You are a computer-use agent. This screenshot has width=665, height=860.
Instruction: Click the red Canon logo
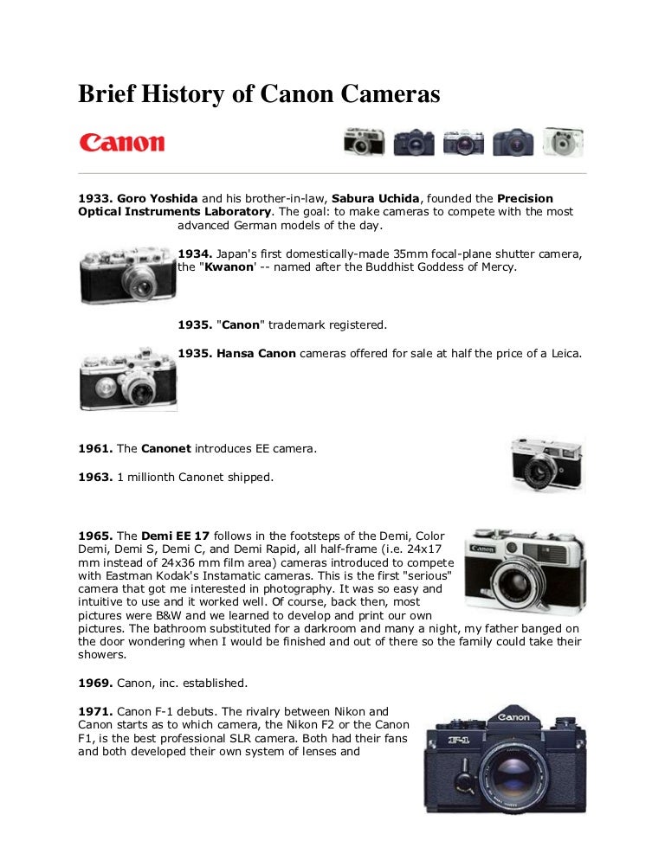tap(121, 143)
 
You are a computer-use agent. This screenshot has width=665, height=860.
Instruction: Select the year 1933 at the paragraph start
tap(94, 198)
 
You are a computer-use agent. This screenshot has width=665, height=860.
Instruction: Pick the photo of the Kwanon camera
tap(127, 274)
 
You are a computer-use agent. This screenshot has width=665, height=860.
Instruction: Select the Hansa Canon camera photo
tap(127, 379)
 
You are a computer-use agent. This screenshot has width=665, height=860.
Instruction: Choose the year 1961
tap(94, 448)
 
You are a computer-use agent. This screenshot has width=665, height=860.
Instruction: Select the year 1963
tap(94, 476)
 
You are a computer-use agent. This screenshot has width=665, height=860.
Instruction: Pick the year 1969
tap(94, 682)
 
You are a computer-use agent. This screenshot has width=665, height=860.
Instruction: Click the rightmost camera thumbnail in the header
tap(563, 142)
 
